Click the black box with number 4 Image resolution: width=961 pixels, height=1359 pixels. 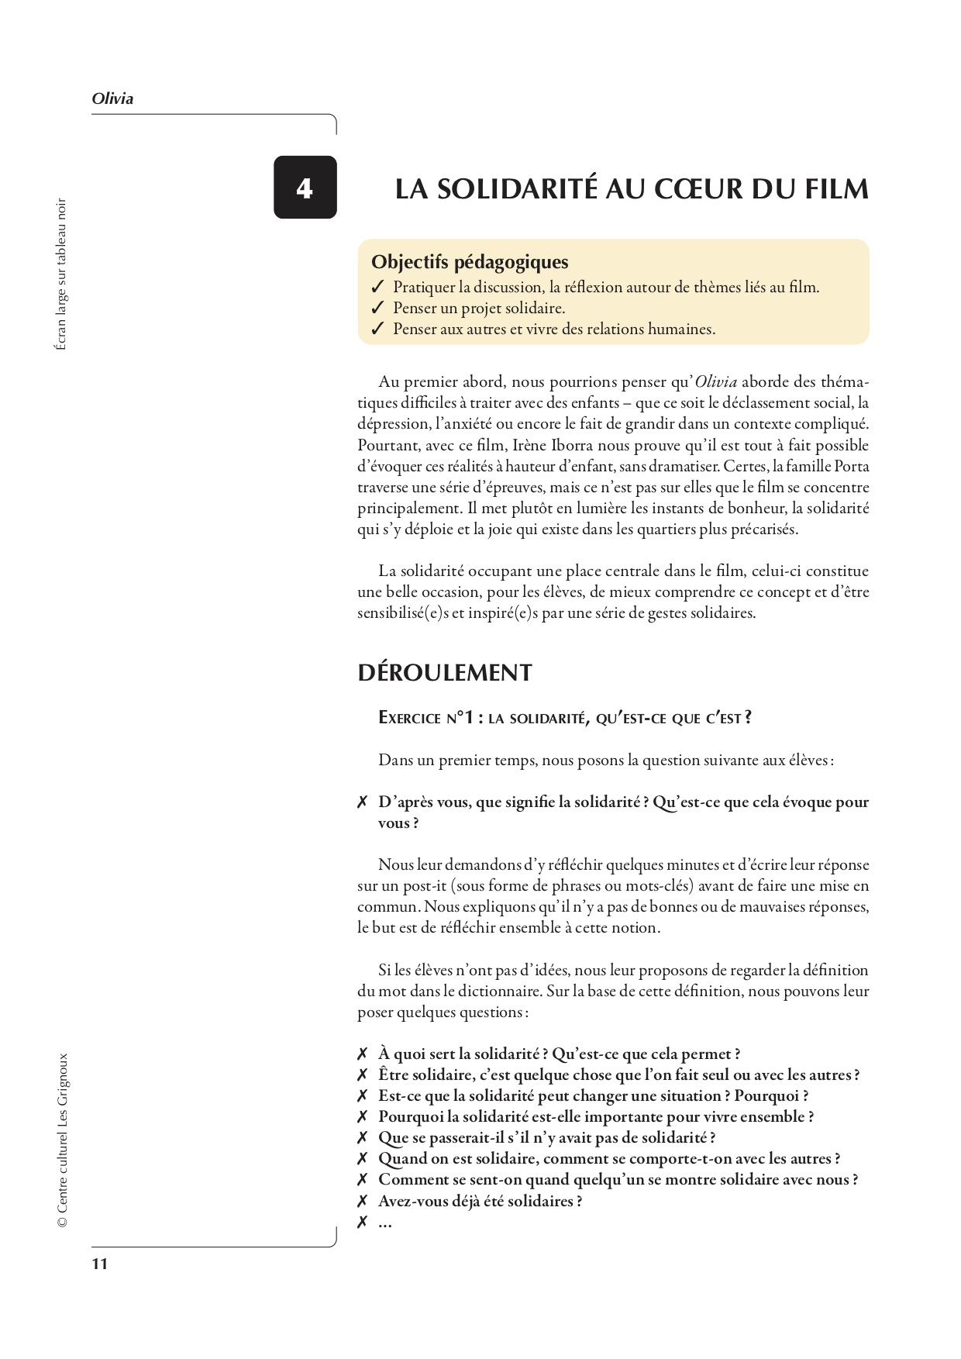tap(305, 188)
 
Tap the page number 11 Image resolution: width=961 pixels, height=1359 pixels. tap(99, 1264)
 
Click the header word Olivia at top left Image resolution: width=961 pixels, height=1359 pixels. tap(112, 98)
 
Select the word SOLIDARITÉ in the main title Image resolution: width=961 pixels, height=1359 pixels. tap(510, 189)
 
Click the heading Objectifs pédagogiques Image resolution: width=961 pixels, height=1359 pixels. tap(470, 261)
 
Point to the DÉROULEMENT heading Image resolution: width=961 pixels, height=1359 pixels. tap(445, 672)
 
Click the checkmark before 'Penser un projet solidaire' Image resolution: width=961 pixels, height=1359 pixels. tap(377, 309)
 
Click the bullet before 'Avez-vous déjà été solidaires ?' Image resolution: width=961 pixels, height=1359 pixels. tap(362, 1202)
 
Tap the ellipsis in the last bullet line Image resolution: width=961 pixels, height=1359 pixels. tap(385, 1223)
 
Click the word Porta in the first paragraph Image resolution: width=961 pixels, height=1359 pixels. tap(851, 467)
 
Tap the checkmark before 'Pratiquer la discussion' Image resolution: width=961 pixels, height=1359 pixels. tap(377, 288)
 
